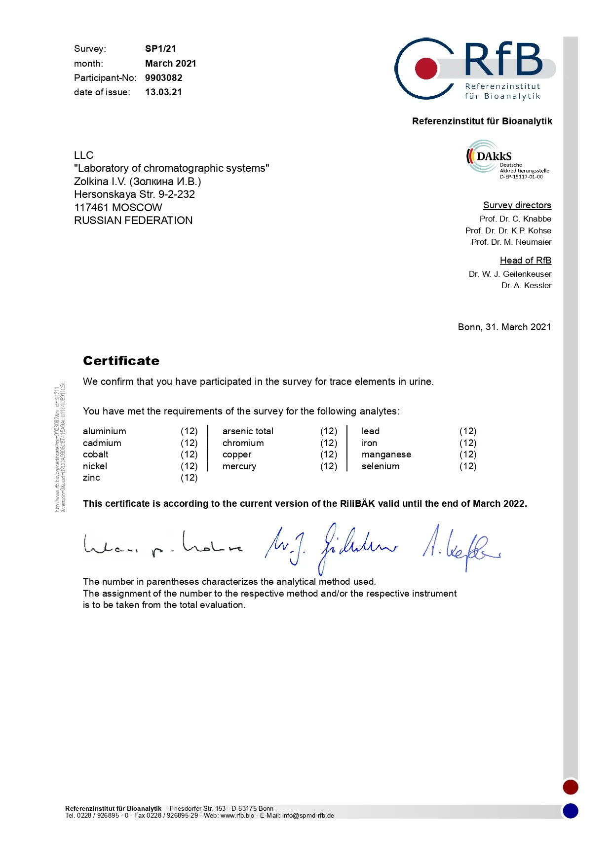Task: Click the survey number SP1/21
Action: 160,49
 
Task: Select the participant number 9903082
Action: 163,78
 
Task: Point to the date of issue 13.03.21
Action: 163,92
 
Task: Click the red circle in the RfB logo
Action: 426,69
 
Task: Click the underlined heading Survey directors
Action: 517,205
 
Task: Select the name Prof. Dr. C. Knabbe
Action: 515,219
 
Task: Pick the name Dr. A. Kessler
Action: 526,286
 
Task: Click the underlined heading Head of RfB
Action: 525,261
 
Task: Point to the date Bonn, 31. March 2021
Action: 504,327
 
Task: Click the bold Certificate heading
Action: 121,361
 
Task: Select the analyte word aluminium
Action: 104,431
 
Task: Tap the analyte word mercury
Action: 239,466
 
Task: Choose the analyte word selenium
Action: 381,466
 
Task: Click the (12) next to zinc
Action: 189,478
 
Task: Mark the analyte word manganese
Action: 386,454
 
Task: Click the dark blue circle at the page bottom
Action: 571,811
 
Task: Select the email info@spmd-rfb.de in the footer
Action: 308,816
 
